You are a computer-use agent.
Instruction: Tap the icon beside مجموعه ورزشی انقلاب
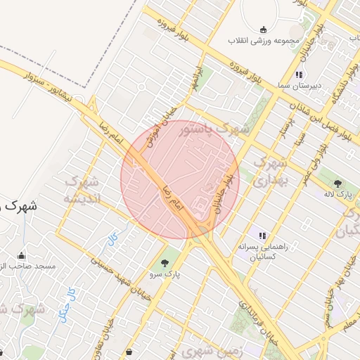[264, 29]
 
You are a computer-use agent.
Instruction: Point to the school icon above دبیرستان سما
[298, 75]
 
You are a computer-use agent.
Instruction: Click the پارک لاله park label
[339, 193]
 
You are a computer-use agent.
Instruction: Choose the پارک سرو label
[165, 275]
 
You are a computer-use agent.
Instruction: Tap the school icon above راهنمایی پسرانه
[262, 236]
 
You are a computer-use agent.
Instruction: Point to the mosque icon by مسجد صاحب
[21, 255]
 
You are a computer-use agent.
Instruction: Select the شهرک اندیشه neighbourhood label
[82, 189]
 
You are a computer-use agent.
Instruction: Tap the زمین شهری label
[208, 349]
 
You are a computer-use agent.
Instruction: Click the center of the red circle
[180, 179]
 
